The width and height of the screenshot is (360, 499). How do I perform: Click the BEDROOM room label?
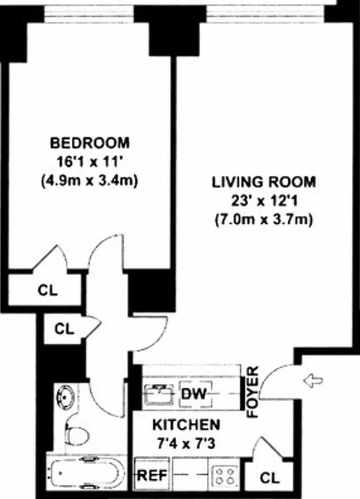[x=90, y=142]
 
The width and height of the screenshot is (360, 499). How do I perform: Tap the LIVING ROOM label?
[x=264, y=183]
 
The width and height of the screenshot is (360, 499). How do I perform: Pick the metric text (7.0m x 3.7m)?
[x=264, y=220]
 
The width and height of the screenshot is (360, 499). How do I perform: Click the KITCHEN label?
[x=187, y=425]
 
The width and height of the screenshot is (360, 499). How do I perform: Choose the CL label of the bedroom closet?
[x=47, y=291]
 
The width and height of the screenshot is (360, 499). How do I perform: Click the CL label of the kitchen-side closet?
[x=270, y=478]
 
